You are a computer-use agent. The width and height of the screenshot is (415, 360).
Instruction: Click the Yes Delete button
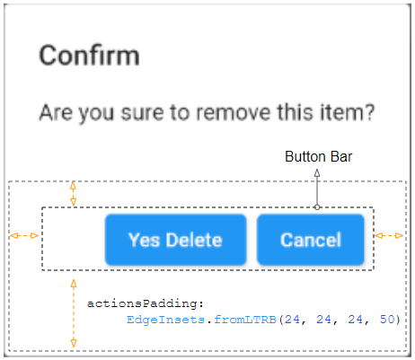pyautogui.click(x=176, y=240)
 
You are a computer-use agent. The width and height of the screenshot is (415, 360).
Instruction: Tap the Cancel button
pyautogui.click(x=311, y=240)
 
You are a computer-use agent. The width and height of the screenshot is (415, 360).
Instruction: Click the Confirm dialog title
pyautogui.click(x=90, y=56)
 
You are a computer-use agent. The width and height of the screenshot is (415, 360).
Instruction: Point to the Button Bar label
pyautogui.click(x=319, y=157)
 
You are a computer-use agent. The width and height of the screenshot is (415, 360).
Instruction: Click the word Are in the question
pyautogui.click(x=56, y=112)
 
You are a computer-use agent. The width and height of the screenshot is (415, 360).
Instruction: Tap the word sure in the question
pyautogui.click(x=143, y=113)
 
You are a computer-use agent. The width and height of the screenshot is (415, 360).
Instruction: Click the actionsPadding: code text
pyautogui.click(x=146, y=303)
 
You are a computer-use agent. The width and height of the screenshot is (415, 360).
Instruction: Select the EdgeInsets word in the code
pyautogui.click(x=165, y=320)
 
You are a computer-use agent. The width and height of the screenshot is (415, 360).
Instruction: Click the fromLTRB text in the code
pyautogui.click(x=245, y=320)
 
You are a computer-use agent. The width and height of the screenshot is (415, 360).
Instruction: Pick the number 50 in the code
pyautogui.click(x=387, y=320)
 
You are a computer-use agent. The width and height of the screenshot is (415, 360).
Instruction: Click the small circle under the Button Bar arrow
pyautogui.click(x=317, y=207)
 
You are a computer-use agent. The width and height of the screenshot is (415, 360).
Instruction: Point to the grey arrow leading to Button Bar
pyautogui.click(x=317, y=187)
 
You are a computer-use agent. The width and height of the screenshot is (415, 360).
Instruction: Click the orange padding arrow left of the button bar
pyautogui.click(x=24, y=236)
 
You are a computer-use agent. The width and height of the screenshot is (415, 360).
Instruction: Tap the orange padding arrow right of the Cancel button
pyautogui.click(x=389, y=236)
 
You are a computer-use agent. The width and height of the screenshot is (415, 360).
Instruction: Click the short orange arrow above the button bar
pyautogui.click(x=73, y=194)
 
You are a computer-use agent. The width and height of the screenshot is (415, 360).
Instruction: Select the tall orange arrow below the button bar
pyautogui.click(x=74, y=313)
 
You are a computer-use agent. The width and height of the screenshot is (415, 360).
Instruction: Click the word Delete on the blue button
pyautogui.click(x=194, y=240)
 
